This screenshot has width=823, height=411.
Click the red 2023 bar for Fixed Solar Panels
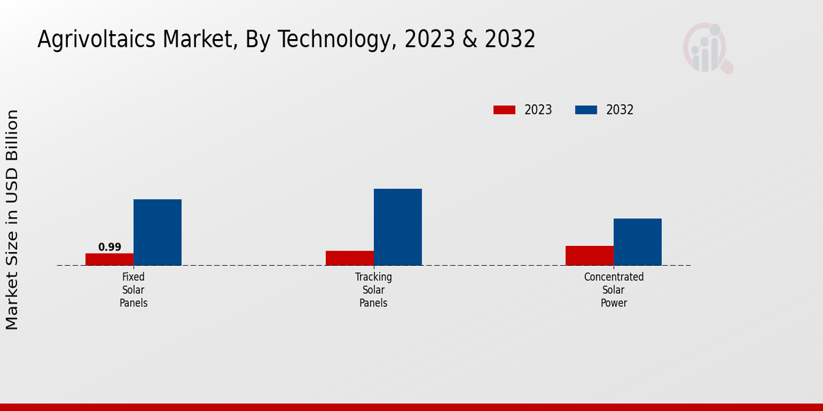pos(109,259)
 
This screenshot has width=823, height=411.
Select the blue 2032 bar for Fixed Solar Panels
pos(157,232)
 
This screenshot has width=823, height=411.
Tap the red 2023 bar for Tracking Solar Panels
pos(349,258)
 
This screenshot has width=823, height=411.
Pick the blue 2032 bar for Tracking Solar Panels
pos(397,227)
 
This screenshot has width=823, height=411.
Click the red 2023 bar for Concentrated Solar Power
pos(589,256)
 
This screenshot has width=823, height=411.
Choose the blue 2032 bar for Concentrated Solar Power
pos(637,242)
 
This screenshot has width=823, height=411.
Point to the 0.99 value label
pos(110,247)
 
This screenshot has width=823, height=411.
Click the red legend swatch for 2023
pos(504,110)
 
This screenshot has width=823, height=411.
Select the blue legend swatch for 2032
pos(586,110)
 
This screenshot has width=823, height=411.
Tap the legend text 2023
pos(538,110)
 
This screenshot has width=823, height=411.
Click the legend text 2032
pos(620,110)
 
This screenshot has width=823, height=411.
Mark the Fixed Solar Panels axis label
pos(134,290)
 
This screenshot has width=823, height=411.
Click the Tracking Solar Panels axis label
pos(374,290)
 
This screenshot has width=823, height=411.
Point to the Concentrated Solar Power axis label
pos(614,290)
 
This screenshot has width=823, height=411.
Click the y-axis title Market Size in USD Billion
pos(12,219)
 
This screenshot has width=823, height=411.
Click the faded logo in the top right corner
pos(707,48)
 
